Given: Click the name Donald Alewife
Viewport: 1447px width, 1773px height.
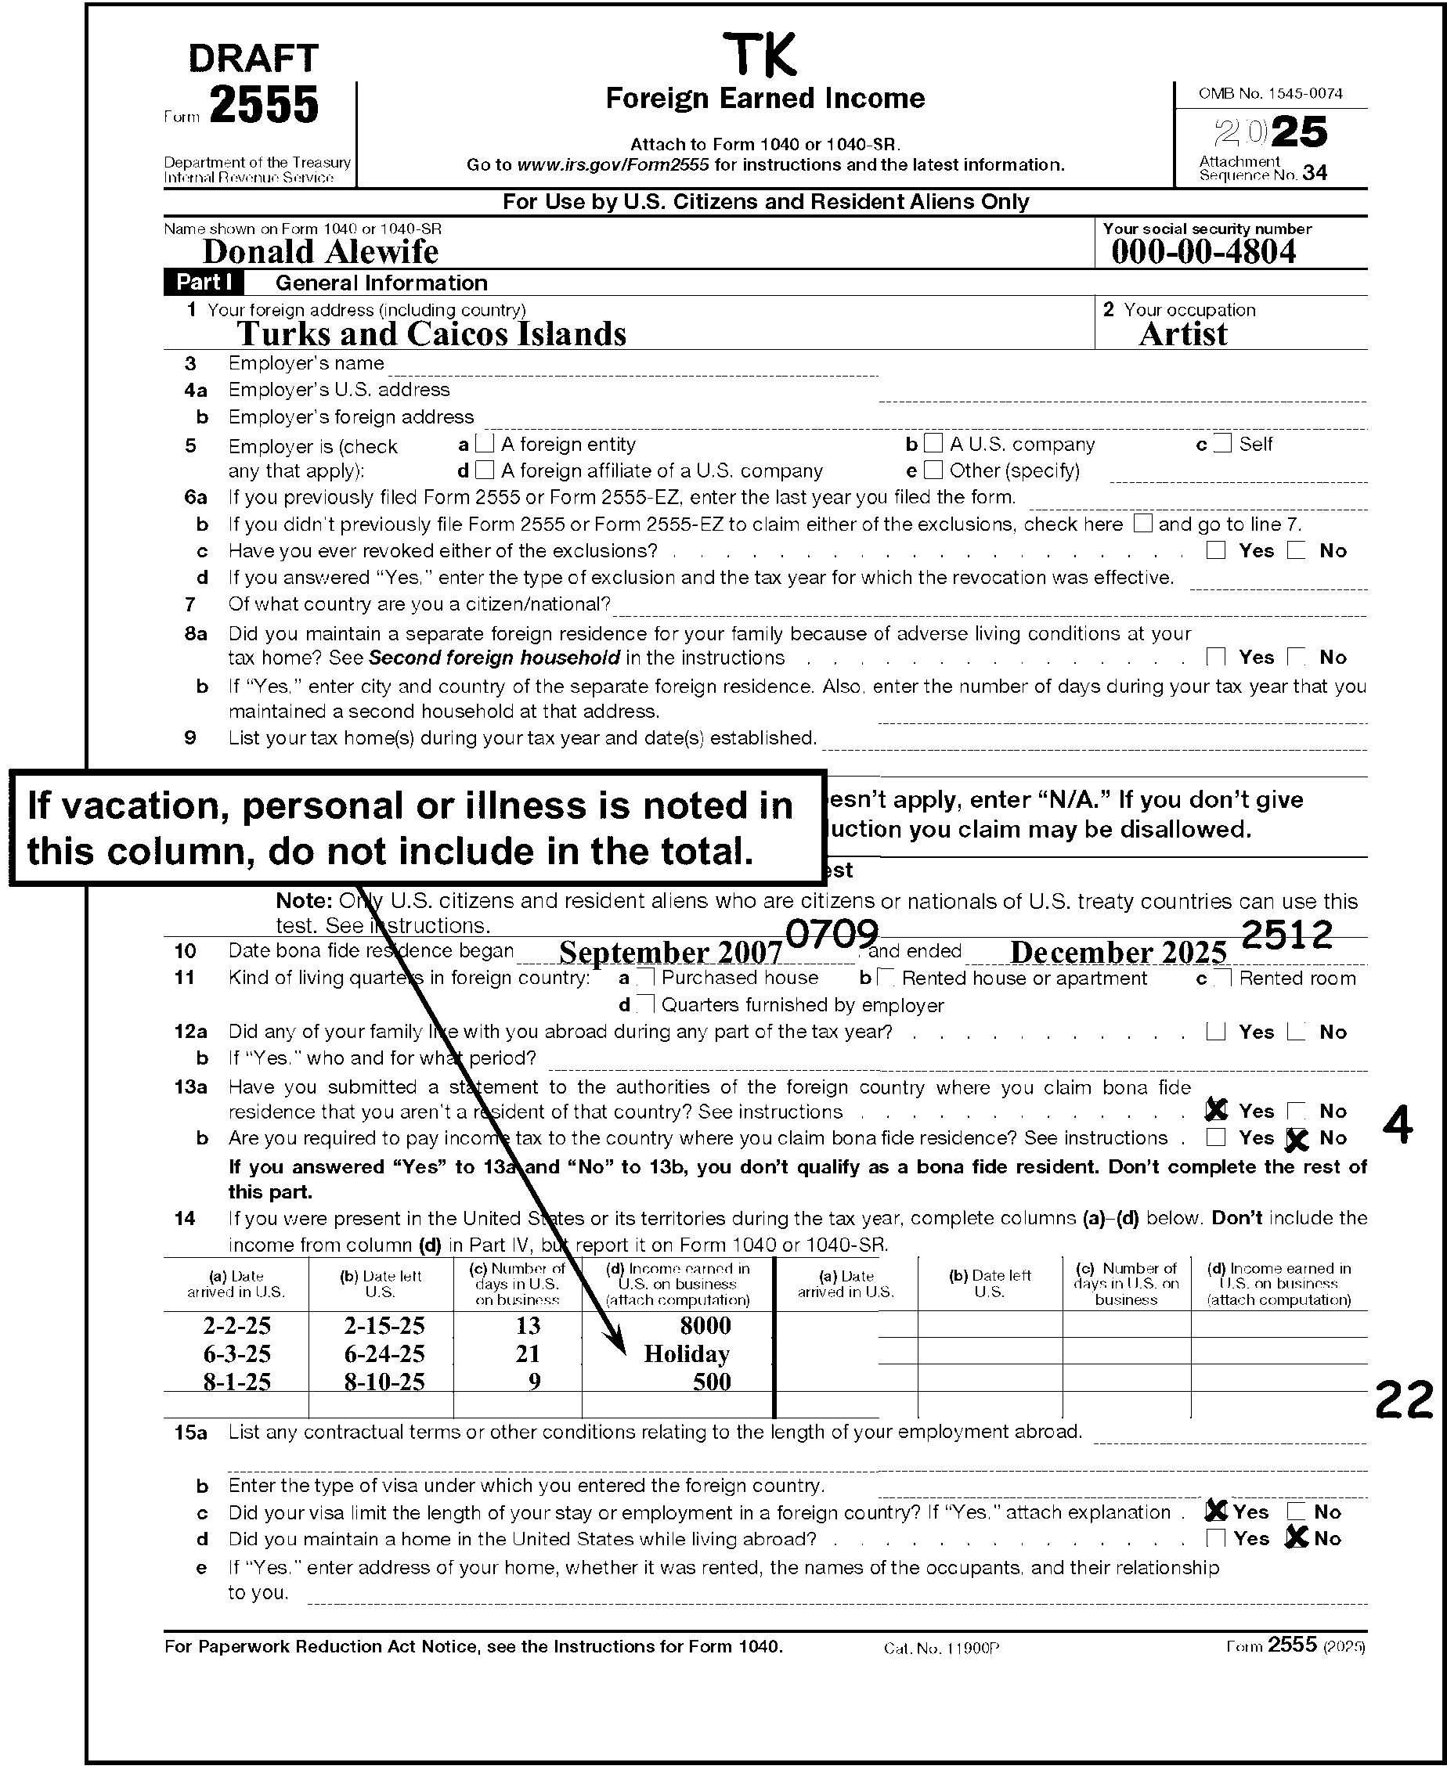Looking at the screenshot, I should click(320, 251).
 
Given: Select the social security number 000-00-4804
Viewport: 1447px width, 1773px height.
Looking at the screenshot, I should click(1203, 251).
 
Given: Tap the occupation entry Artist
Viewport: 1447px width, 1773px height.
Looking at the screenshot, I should click(1183, 334).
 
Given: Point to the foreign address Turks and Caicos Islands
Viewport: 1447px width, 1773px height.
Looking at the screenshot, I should click(431, 334).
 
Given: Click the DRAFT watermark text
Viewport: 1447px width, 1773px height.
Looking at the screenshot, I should click(254, 59).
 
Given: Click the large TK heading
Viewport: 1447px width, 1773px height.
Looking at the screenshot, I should click(761, 55).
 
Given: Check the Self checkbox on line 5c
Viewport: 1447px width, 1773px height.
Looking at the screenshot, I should click(1223, 443).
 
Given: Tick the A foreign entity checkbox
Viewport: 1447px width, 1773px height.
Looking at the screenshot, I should click(485, 443).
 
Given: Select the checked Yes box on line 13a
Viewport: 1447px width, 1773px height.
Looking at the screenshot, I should click(1217, 1110).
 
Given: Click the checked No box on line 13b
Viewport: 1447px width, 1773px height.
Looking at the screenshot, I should click(1296, 1138).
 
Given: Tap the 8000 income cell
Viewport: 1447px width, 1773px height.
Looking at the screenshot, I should click(705, 1325).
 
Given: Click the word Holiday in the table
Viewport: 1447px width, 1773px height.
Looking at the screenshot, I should click(686, 1354).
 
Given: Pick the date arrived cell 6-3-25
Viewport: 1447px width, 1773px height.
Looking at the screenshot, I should click(236, 1354).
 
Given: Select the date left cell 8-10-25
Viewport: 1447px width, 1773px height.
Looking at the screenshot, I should click(384, 1382).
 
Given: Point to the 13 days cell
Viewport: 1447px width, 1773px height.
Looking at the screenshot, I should click(528, 1325).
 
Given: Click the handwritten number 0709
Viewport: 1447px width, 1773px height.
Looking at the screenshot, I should click(832, 934).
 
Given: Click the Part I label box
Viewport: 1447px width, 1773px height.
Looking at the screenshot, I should click(204, 283).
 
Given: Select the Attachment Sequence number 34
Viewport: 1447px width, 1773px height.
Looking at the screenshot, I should click(1315, 172).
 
